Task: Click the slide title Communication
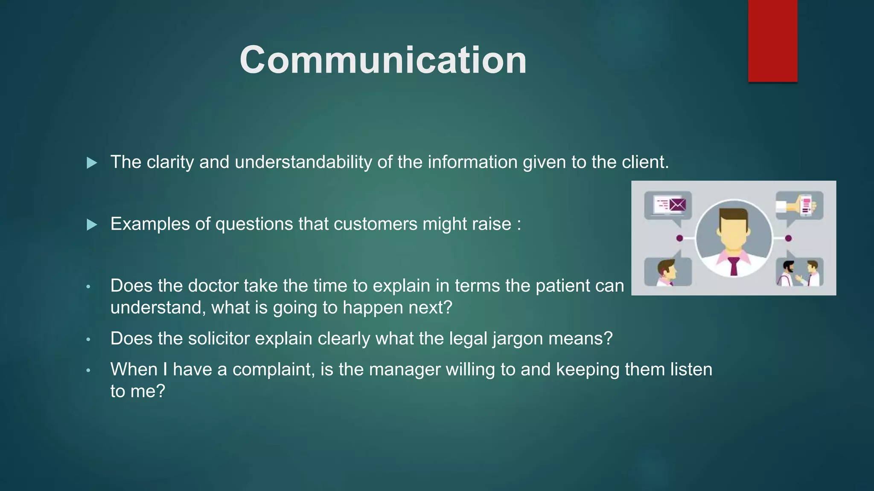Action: pyautogui.click(x=383, y=60)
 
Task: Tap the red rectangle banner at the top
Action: pyautogui.click(x=772, y=40)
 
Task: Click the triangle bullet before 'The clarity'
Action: pyautogui.click(x=91, y=163)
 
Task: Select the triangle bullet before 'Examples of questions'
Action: pyautogui.click(x=91, y=225)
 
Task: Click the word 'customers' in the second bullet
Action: pyautogui.click(x=375, y=224)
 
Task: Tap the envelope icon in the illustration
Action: pyautogui.click(x=677, y=205)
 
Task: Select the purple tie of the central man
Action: pyautogui.click(x=734, y=266)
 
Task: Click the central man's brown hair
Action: pyautogui.click(x=734, y=214)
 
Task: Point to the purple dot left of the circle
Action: pyautogui.click(x=680, y=238)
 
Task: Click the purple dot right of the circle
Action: pyautogui.click(x=788, y=238)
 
